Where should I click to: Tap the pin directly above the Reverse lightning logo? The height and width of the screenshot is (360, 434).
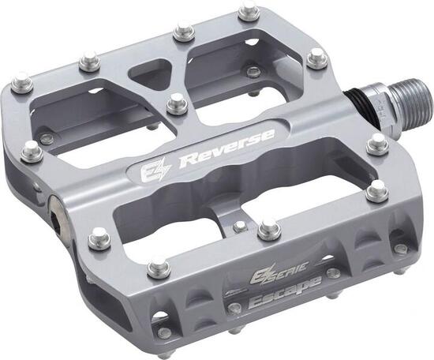click(177, 100)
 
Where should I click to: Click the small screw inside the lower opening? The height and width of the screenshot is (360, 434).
click(239, 227)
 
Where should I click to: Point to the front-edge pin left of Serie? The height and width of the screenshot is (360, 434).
click(157, 264)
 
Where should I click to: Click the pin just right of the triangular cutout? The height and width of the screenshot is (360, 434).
click(183, 32)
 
